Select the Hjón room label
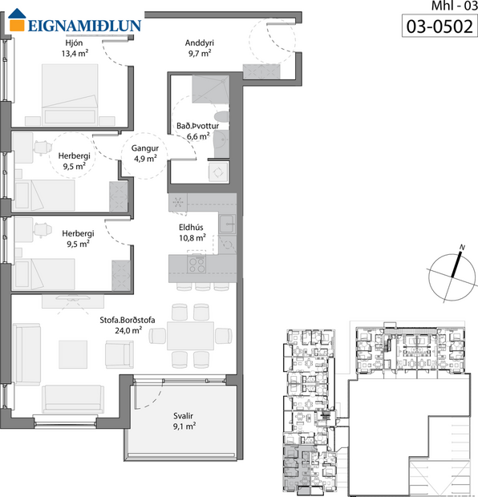[x=74, y=42]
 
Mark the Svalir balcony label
[x=184, y=416]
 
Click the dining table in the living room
[x=191, y=334]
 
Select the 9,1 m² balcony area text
[x=184, y=426]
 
